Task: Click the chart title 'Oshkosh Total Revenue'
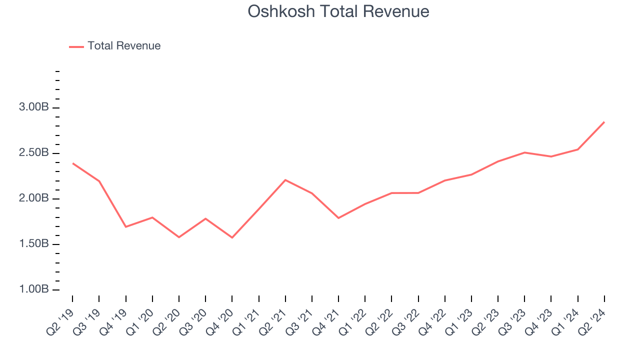338,11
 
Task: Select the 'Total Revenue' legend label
124,46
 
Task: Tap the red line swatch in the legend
76,46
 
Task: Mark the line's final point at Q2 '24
604,122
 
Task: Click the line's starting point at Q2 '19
72,163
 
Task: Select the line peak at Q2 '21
285,180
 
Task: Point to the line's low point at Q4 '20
232,237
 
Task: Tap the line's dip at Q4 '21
338,218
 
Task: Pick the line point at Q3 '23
524,152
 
